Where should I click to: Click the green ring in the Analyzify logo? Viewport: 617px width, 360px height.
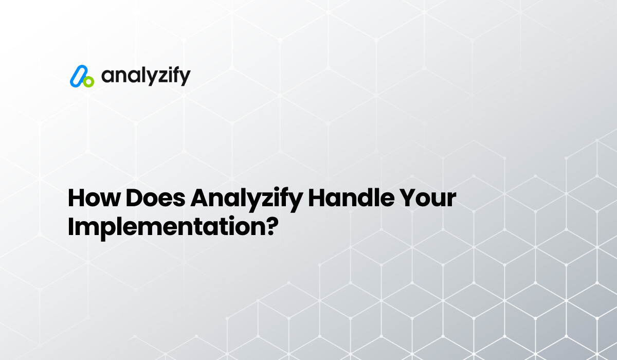point(88,81)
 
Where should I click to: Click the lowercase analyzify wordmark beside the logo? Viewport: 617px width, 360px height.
point(146,77)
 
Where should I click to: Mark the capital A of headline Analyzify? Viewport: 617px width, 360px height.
point(201,199)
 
